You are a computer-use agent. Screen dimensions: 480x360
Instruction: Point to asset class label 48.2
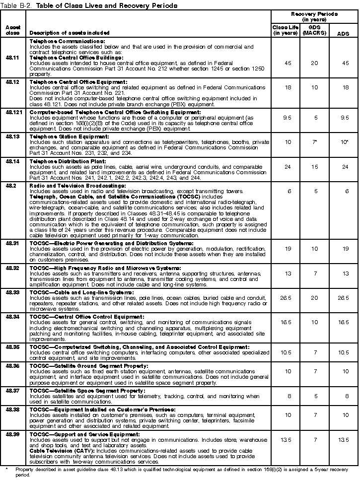pos(11,186)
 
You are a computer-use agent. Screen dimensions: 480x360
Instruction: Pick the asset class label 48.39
pos(13,434)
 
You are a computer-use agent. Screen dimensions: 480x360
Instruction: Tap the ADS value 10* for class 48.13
pos(343,142)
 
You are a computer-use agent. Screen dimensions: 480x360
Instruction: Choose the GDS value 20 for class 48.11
pos(314,64)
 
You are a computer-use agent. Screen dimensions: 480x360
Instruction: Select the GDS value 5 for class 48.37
pos(314,396)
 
